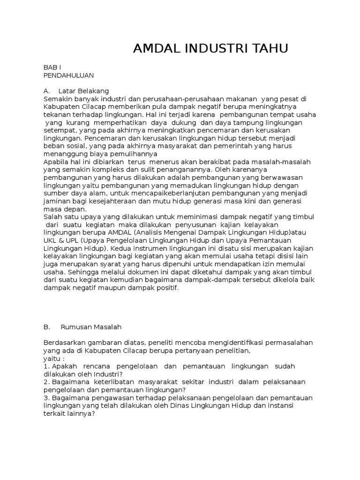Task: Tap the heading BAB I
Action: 52,67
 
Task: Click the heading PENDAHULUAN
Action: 69,75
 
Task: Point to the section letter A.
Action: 46,90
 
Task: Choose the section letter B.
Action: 46,327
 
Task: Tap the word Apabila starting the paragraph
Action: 56,161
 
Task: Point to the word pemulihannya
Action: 136,154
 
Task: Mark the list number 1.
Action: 46,366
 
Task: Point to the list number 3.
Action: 46,398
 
